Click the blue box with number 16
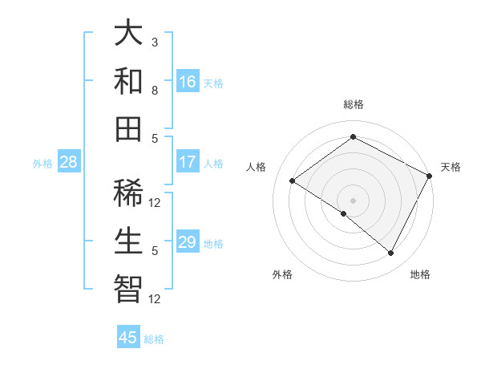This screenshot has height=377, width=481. [x=188, y=82]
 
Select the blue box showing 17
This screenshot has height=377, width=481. [x=188, y=162]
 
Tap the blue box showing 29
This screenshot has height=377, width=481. [x=188, y=242]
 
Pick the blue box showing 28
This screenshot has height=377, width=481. [x=69, y=162]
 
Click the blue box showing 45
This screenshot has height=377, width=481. [x=128, y=338]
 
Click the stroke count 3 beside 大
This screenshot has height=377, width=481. [x=155, y=42]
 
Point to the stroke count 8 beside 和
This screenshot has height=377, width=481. [x=155, y=90]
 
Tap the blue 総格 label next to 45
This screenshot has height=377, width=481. [x=154, y=339]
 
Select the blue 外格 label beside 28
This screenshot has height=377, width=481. [x=42, y=164]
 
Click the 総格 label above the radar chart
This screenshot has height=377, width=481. [x=353, y=104]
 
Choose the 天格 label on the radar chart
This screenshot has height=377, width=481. [x=451, y=167]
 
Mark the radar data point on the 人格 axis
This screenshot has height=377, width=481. [x=293, y=180]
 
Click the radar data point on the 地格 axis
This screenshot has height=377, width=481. [x=391, y=253]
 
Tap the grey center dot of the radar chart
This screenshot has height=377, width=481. [x=353, y=200]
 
